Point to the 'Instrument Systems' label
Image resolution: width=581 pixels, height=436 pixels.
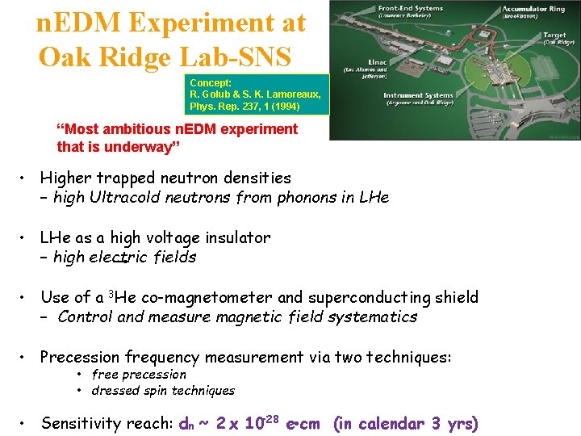click(417, 95)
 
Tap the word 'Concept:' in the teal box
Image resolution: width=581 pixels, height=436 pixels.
click(211, 83)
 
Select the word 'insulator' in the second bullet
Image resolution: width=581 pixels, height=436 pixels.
click(232, 237)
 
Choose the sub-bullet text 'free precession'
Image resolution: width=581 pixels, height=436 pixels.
click(139, 375)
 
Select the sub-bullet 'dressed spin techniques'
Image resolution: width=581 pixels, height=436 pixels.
click(163, 391)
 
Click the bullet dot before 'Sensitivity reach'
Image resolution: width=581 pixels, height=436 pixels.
click(27, 423)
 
